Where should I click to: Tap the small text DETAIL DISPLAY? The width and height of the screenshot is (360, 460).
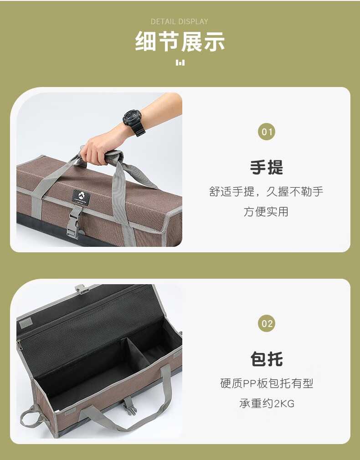coord(180,21)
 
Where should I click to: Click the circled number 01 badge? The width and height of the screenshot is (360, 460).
coord(267,133)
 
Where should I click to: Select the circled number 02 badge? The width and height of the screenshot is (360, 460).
coord(267,324)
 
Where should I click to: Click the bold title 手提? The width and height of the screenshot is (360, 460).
coord(267,168)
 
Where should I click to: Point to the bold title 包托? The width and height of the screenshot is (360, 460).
coord(267,359)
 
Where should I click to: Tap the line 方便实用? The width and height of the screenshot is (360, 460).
coord(266,211)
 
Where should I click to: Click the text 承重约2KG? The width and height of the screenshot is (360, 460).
coord(267,403)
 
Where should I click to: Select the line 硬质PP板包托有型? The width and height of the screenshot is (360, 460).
coord(267,383)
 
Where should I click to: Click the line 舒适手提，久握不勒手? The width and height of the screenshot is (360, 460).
coord(267,192)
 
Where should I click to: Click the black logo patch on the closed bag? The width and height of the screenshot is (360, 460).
coord(81,197)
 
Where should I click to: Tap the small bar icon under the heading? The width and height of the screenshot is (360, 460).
coord(180,62)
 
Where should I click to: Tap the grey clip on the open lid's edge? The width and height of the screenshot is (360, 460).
coord(82,289)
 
